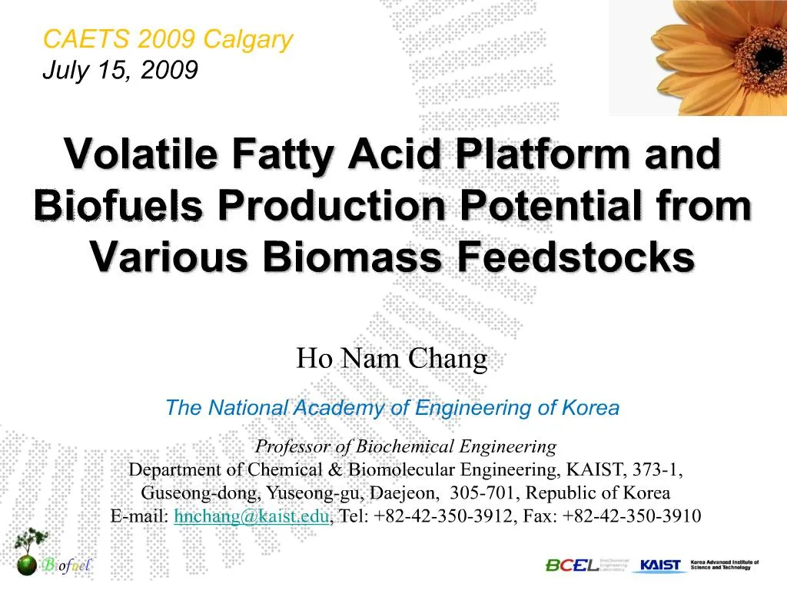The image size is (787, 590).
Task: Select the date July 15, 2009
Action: click(120, 70)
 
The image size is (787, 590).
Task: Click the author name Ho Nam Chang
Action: click(392, 359)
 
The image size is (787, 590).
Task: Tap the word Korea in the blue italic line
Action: click(590, 408)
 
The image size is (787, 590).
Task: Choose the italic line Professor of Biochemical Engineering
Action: click(406, 446)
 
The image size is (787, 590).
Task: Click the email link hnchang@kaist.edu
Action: click(252, 516)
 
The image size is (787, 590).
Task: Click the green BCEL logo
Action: click(573, 565)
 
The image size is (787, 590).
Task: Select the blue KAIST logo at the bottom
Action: click(661, 565)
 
